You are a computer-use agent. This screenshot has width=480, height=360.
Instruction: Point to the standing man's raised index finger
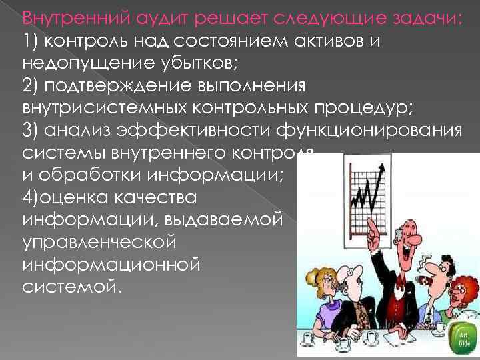click(x=371, y=227)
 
